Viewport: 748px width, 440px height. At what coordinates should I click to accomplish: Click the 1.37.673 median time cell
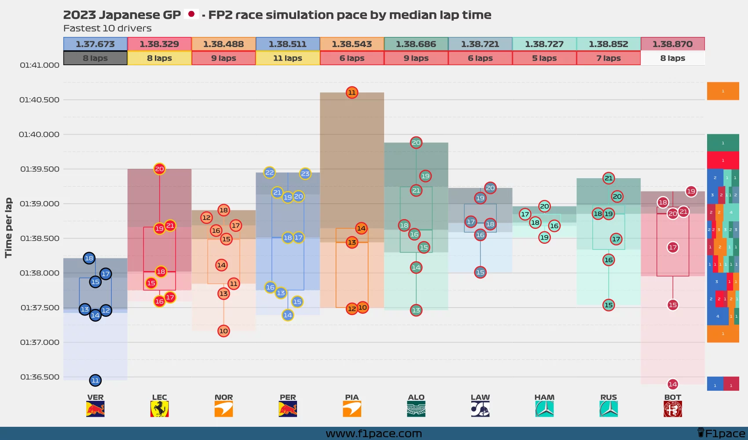point(95,44)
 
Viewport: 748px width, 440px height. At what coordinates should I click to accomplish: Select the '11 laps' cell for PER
point(287,58)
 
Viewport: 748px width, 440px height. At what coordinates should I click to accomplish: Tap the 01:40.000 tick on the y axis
point(39,135)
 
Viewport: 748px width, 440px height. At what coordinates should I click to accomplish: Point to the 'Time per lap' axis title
point(8,227)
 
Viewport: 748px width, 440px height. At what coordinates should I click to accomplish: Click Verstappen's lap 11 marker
point(95,380)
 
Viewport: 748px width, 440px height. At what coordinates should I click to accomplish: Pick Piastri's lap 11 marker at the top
point(352,92)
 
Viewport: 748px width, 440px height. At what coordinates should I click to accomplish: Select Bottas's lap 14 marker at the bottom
point(672,384)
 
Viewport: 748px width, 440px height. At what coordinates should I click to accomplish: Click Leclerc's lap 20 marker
point(159,169)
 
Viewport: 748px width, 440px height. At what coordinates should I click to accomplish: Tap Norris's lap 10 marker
point(224,331)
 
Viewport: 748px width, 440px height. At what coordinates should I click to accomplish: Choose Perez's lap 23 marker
point(305,173)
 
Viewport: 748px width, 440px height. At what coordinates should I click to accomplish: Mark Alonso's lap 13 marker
point(416,310)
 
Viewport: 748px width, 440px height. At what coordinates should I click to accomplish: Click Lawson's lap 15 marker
point(480,272)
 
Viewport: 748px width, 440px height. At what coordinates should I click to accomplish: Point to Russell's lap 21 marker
point(609,178)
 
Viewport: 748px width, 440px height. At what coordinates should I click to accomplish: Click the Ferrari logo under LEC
point(159,409)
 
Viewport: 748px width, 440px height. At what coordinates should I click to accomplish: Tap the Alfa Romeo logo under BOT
point(672,409)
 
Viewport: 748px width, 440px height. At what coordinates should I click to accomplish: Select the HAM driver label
point(544,397)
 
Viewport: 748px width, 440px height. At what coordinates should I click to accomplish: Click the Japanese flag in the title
point(191,14)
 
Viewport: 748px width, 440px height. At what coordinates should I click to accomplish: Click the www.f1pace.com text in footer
point(374,434)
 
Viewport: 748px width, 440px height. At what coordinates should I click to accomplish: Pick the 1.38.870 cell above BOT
point(672,44)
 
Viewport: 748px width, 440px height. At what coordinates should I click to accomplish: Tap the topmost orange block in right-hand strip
point(722,91)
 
